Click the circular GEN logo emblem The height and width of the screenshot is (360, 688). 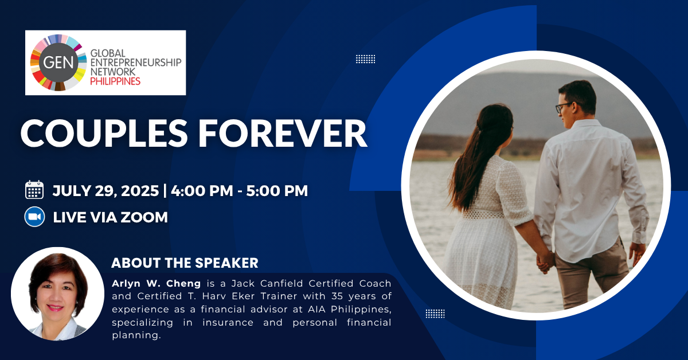coord(58,62)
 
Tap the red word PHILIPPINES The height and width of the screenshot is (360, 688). coord(115,81)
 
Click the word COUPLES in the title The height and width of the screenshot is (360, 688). coord(104,134)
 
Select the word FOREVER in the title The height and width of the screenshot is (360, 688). coord(282,134)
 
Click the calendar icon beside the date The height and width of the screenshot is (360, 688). coord(34,190)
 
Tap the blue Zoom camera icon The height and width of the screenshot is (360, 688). coord(34,217)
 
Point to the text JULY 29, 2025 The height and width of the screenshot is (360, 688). coord(105,191)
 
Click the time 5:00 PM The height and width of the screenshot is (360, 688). coord(277,191)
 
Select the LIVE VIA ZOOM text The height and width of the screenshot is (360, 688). coord(110,217)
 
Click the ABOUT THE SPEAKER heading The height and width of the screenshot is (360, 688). coord(185,263)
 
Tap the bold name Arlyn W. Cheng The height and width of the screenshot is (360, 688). coord(156,283)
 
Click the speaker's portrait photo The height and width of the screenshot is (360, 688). coord(57,294)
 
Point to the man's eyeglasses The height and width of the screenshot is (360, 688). coord(564,108)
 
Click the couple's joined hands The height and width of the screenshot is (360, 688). coord(545,261)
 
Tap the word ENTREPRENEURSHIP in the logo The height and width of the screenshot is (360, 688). coord(136,62)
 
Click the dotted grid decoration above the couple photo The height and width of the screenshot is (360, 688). coord(366,59)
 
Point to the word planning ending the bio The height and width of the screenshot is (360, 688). coord(136,335)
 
